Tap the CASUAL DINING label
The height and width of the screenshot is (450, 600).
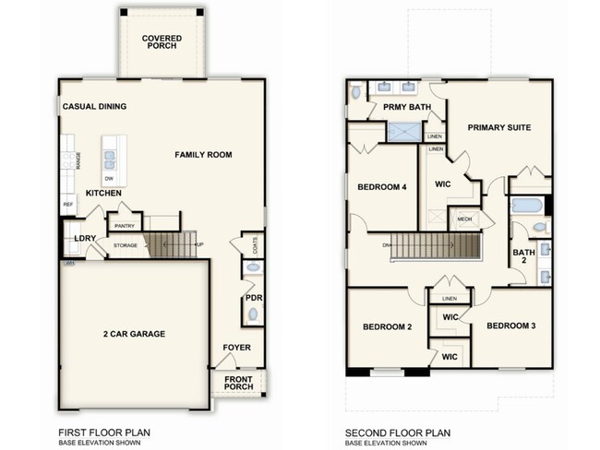pos(94,107)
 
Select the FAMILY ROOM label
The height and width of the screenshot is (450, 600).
pos(202,155)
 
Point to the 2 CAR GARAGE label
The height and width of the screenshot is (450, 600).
pos(135,334)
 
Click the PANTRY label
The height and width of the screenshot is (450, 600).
pos(123,224)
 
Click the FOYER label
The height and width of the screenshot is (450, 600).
pos(237,348)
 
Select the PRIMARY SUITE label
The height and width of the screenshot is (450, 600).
pos(498,127)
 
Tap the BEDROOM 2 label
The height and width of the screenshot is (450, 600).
pos(387,327)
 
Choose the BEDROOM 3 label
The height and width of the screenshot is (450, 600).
pos(511,326)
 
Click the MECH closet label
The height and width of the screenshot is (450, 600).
pos(464,219)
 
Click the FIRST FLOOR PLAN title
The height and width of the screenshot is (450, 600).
pos(103,432)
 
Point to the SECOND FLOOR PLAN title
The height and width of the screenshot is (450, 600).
pos(397,432)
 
